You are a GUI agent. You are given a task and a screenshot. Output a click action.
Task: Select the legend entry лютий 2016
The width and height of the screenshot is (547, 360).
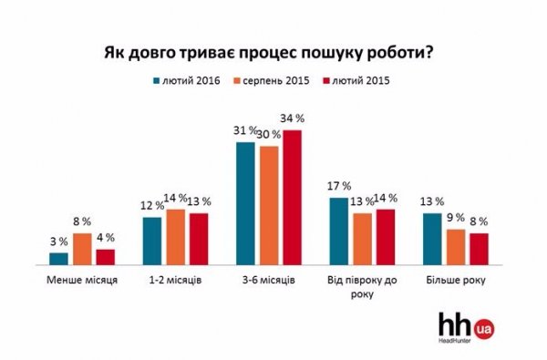point(186,81)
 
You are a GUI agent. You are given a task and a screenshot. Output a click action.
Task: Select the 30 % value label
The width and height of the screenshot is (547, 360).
point(268,135)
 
